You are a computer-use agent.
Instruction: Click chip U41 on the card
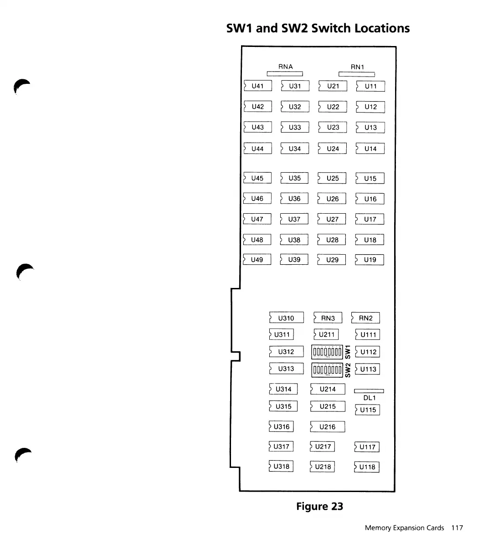[x=257, y=86]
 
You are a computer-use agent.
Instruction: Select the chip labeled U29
[x=332, y=260]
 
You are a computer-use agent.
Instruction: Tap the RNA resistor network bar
[x=285, y=74]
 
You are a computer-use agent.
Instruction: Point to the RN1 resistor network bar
[x=357, y=74]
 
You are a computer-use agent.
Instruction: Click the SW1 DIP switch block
[x=327, y=352]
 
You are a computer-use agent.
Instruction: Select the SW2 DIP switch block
[x=327, y=370]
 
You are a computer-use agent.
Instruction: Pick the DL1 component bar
[x=369, y=390]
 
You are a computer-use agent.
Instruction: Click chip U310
[x=286, y=318]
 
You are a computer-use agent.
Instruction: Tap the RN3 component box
[x=328, y=318]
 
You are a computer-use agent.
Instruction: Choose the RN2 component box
[x=365, y=318]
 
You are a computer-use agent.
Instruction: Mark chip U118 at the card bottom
[x=367, y=467]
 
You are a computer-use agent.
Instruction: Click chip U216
[x=327, y=427]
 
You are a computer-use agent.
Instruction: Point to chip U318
[x=281, y=466]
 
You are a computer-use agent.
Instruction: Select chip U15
[x=370, y=179]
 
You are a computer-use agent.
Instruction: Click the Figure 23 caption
[x=319, y=507]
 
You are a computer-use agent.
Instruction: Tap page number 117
[x=457, y=528]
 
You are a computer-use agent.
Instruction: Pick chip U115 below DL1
[x=367, y=410]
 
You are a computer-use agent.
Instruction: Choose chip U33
[x=295, y=128]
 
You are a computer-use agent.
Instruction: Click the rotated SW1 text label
[x=348, y=352]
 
